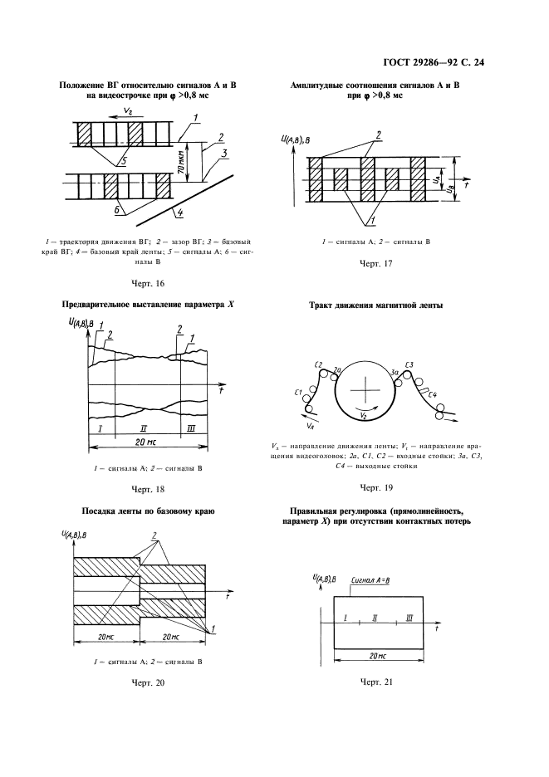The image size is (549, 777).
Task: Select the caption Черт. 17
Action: click(x=374, y=264)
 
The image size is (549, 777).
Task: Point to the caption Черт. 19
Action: click(x=374, y=486)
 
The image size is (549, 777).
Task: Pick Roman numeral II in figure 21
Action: click(x=375, y=618)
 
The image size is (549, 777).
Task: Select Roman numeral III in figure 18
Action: click(x=191, y=428)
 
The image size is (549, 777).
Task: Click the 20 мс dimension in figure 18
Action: click(x=146, y=442)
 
